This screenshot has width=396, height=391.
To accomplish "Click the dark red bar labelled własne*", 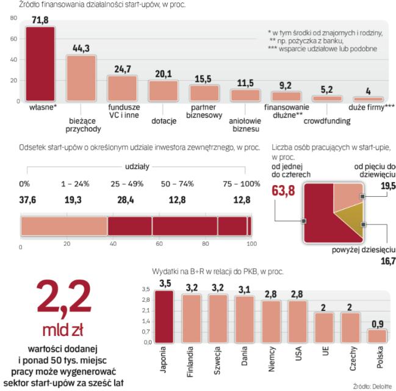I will (x=41, y=65).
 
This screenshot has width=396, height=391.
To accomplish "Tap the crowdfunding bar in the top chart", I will (x=326, y=98).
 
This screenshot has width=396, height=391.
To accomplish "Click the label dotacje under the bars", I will (x=164, y=120).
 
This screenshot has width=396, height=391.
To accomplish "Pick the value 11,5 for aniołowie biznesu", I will (x=245, y=83).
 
